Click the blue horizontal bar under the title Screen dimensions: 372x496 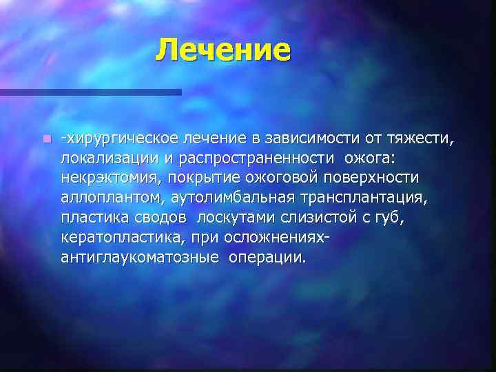point(90,92)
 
